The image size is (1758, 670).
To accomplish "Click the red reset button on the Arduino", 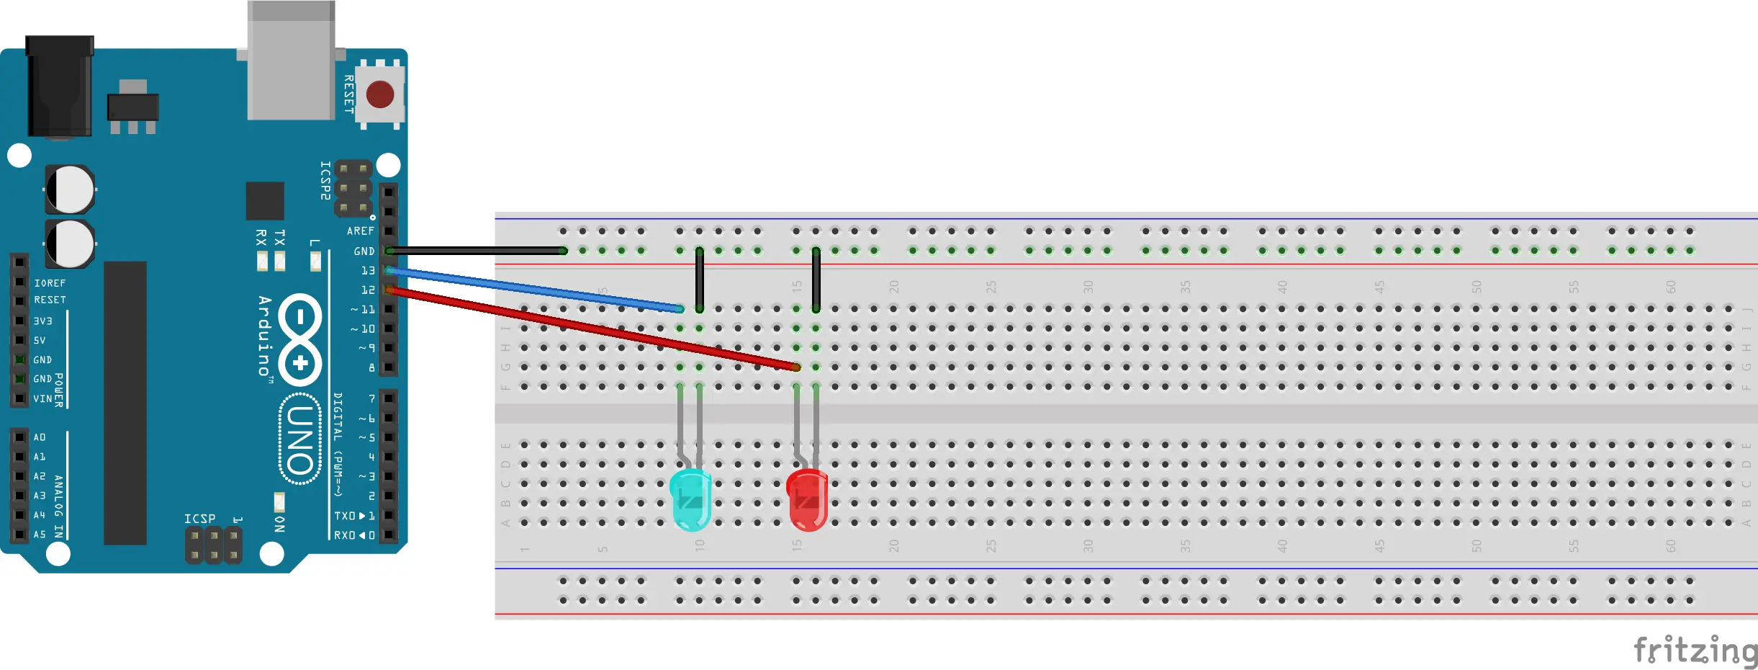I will point(379,94).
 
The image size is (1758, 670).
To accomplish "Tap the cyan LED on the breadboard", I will point(690,499).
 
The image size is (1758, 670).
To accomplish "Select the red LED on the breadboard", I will point(807,500).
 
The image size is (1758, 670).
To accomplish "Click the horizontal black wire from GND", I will point(475,251).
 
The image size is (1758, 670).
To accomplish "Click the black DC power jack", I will point(59,86).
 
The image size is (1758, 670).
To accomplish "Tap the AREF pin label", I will point(360,231).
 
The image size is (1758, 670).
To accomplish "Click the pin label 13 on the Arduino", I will point(368,271).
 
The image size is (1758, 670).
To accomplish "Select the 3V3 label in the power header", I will point(42,321).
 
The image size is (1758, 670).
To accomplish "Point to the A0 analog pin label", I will point(40,437).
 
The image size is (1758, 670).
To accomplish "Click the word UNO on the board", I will point(299,439).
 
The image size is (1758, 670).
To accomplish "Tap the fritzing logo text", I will point(1695,651).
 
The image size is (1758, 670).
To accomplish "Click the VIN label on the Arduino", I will point(42,398).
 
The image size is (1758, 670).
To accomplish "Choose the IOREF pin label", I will point(50,283).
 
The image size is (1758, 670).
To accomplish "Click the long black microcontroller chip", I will point(125,403).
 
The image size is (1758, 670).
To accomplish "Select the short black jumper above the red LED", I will point(816,280).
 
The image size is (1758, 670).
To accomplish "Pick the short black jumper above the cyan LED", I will point(699,280).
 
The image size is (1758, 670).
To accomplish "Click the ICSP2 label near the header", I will point(325,180).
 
